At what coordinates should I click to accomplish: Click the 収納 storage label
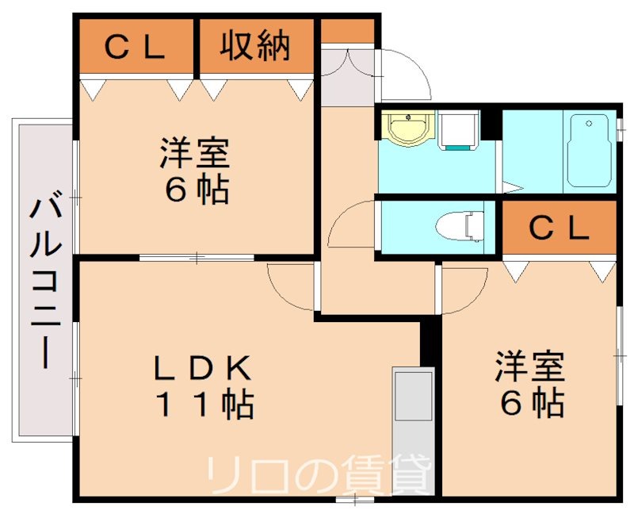(x=255, y=47)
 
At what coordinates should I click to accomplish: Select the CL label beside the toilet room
(x=559, y=228)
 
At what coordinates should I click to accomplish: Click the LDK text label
(x=201, y=368)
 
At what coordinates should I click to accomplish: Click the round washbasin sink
(x=408, y=128)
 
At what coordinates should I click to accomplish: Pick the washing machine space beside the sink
(x=459, y=129)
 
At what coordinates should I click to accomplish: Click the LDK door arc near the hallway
(x=292, y=286)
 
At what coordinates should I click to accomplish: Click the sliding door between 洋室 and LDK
(x=197, y=257)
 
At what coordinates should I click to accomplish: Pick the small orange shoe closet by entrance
(x=346, y=30)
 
